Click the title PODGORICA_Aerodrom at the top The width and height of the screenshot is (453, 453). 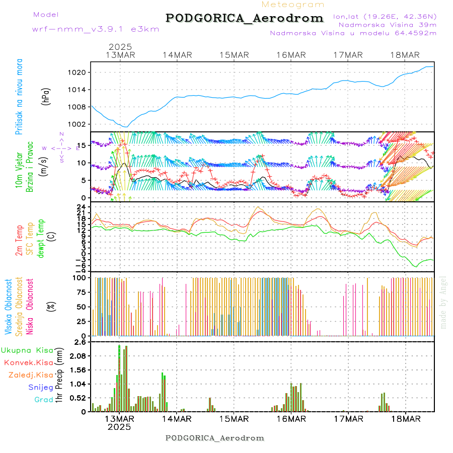[245, 18]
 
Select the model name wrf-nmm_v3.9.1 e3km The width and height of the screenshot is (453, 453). [96, 29]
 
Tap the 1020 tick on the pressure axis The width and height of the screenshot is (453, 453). [78, 72]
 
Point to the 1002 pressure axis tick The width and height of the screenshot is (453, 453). [78, 124]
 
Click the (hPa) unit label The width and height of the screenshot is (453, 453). [46, 96]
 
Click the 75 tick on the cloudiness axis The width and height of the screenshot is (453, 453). [81, 292]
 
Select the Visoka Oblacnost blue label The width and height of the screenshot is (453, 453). [9, 307]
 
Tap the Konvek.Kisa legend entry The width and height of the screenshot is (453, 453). [28, 362]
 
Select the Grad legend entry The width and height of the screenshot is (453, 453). [44, 400]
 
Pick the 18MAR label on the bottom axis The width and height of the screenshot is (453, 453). [405, 419]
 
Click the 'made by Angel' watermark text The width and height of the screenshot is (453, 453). [443, 302]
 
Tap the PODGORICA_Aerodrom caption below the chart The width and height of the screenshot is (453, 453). [214, 438]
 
